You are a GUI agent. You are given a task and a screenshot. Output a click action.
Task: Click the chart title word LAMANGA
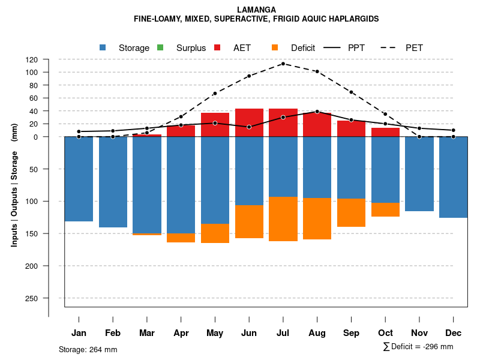click(256, 10)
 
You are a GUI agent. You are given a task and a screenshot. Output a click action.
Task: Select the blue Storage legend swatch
click(103, 47)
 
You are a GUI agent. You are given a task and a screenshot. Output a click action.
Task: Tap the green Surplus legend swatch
click(160, 47)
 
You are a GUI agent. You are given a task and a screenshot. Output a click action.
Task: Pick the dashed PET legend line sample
click(390, 47)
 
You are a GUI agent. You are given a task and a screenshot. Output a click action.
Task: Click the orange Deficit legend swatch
click(275, 47)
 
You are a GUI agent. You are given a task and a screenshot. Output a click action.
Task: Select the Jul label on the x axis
click(284, 333)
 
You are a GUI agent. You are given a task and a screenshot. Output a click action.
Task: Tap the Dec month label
click(454, 333)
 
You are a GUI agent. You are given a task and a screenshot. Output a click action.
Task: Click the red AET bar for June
click(250, 118)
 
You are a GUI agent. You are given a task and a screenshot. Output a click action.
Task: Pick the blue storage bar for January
click(79, 179)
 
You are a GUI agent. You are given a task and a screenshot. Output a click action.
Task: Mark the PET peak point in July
click(283, 64)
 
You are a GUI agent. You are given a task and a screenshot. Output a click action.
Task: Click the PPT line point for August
click(317, 112)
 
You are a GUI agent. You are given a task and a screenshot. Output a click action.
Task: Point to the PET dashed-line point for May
click(215, 94)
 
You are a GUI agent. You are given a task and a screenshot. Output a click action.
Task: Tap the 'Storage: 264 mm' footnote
click(88, 349)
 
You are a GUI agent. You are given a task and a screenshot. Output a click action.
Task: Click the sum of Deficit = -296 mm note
click(418, 347)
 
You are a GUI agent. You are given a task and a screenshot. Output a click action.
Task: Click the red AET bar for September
click(352, 128)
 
